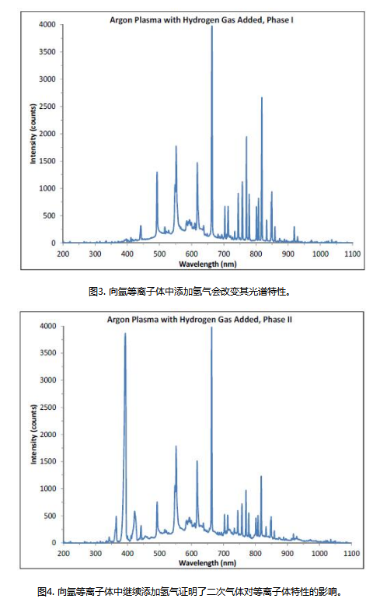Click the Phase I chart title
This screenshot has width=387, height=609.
(x=201, y=19)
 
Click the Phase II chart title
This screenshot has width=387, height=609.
(x=200, y=320)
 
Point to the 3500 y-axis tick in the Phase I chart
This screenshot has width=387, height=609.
(x=47, y=51)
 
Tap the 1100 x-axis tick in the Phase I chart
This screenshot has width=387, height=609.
(x=353, y=254)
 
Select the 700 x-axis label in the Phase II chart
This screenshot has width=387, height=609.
(x=224, y=554)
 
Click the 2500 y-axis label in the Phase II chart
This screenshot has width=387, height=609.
(x=48, y=408)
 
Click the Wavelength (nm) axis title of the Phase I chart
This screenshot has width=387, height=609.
(x=207, y=264)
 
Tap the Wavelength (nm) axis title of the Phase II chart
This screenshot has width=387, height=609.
(x=207, y=563)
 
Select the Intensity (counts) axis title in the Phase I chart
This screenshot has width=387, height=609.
(x=33, y=134)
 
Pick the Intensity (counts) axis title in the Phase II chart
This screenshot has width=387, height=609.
(x=33, y=434)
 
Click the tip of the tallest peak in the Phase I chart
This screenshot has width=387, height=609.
(x=212, y=26)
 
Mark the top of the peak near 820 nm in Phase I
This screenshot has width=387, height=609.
(x=262, y=97)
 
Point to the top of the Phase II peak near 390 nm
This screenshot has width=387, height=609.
(x=125, y=333)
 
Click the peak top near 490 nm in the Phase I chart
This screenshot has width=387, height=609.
(x=157, y=172)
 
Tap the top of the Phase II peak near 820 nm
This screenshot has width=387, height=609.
(x=261, y=476)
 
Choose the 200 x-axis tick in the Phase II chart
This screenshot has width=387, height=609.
(x=64, y=554)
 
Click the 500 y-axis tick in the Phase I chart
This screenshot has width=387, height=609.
(x=49, y=215)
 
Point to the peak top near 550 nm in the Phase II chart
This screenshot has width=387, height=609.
(x=176, y=446)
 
